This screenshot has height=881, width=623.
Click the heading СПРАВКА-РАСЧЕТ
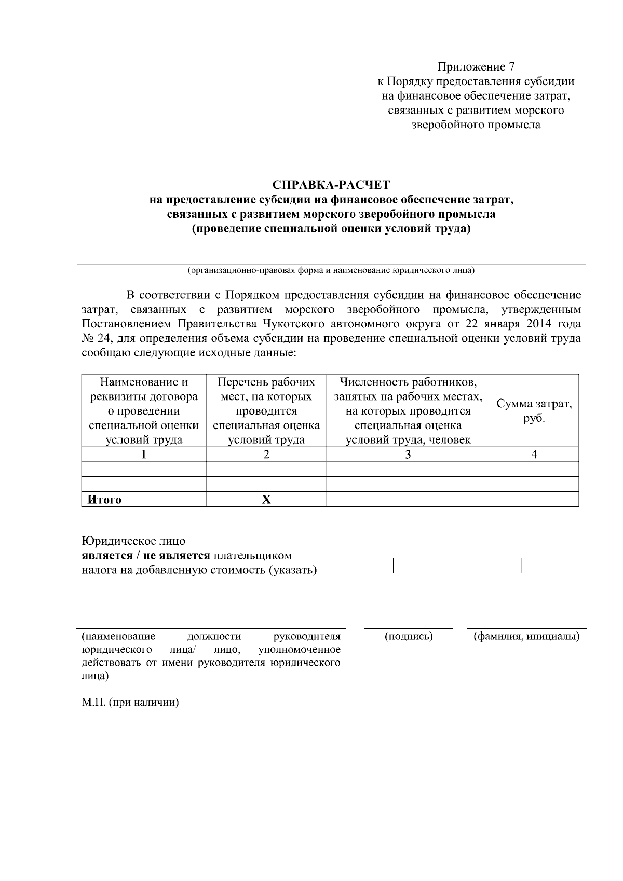(331, 185)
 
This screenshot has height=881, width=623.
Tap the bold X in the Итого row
(266, 500)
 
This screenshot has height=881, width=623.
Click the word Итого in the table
(104, 500)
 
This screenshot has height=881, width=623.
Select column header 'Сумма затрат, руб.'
(534, 411)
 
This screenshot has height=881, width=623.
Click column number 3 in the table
(408, 455)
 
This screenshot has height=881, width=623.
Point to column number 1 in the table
(144, 455)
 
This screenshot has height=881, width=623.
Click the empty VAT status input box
(457, 566)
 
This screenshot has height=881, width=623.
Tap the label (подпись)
(409, 636)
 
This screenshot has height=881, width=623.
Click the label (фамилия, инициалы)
(526, 636)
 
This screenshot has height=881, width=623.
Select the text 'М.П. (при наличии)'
(130, 703)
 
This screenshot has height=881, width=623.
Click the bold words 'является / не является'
(146, 556)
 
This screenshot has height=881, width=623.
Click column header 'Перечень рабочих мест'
(266, 411)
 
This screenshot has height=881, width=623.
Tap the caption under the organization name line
(331, 271)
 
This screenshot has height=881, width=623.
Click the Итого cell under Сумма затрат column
(534, 500)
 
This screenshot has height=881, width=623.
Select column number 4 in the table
(534, 455)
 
